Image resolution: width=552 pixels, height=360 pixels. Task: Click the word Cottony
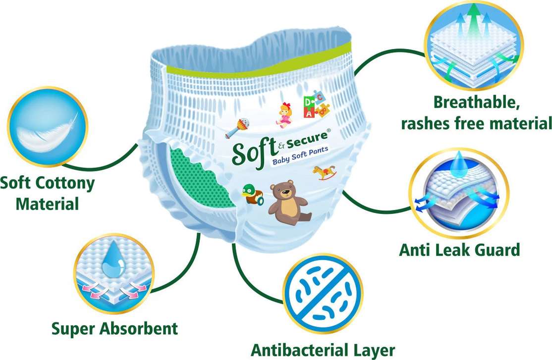coord(62,183)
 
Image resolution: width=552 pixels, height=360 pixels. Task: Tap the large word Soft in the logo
coord(253,150)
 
